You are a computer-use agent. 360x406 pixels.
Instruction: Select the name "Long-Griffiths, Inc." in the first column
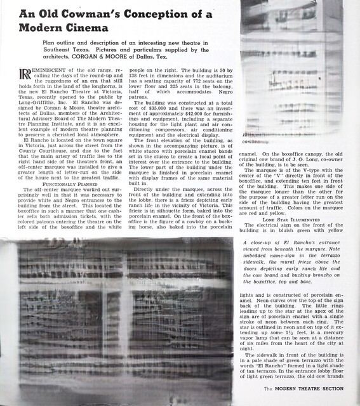pos(43,98)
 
